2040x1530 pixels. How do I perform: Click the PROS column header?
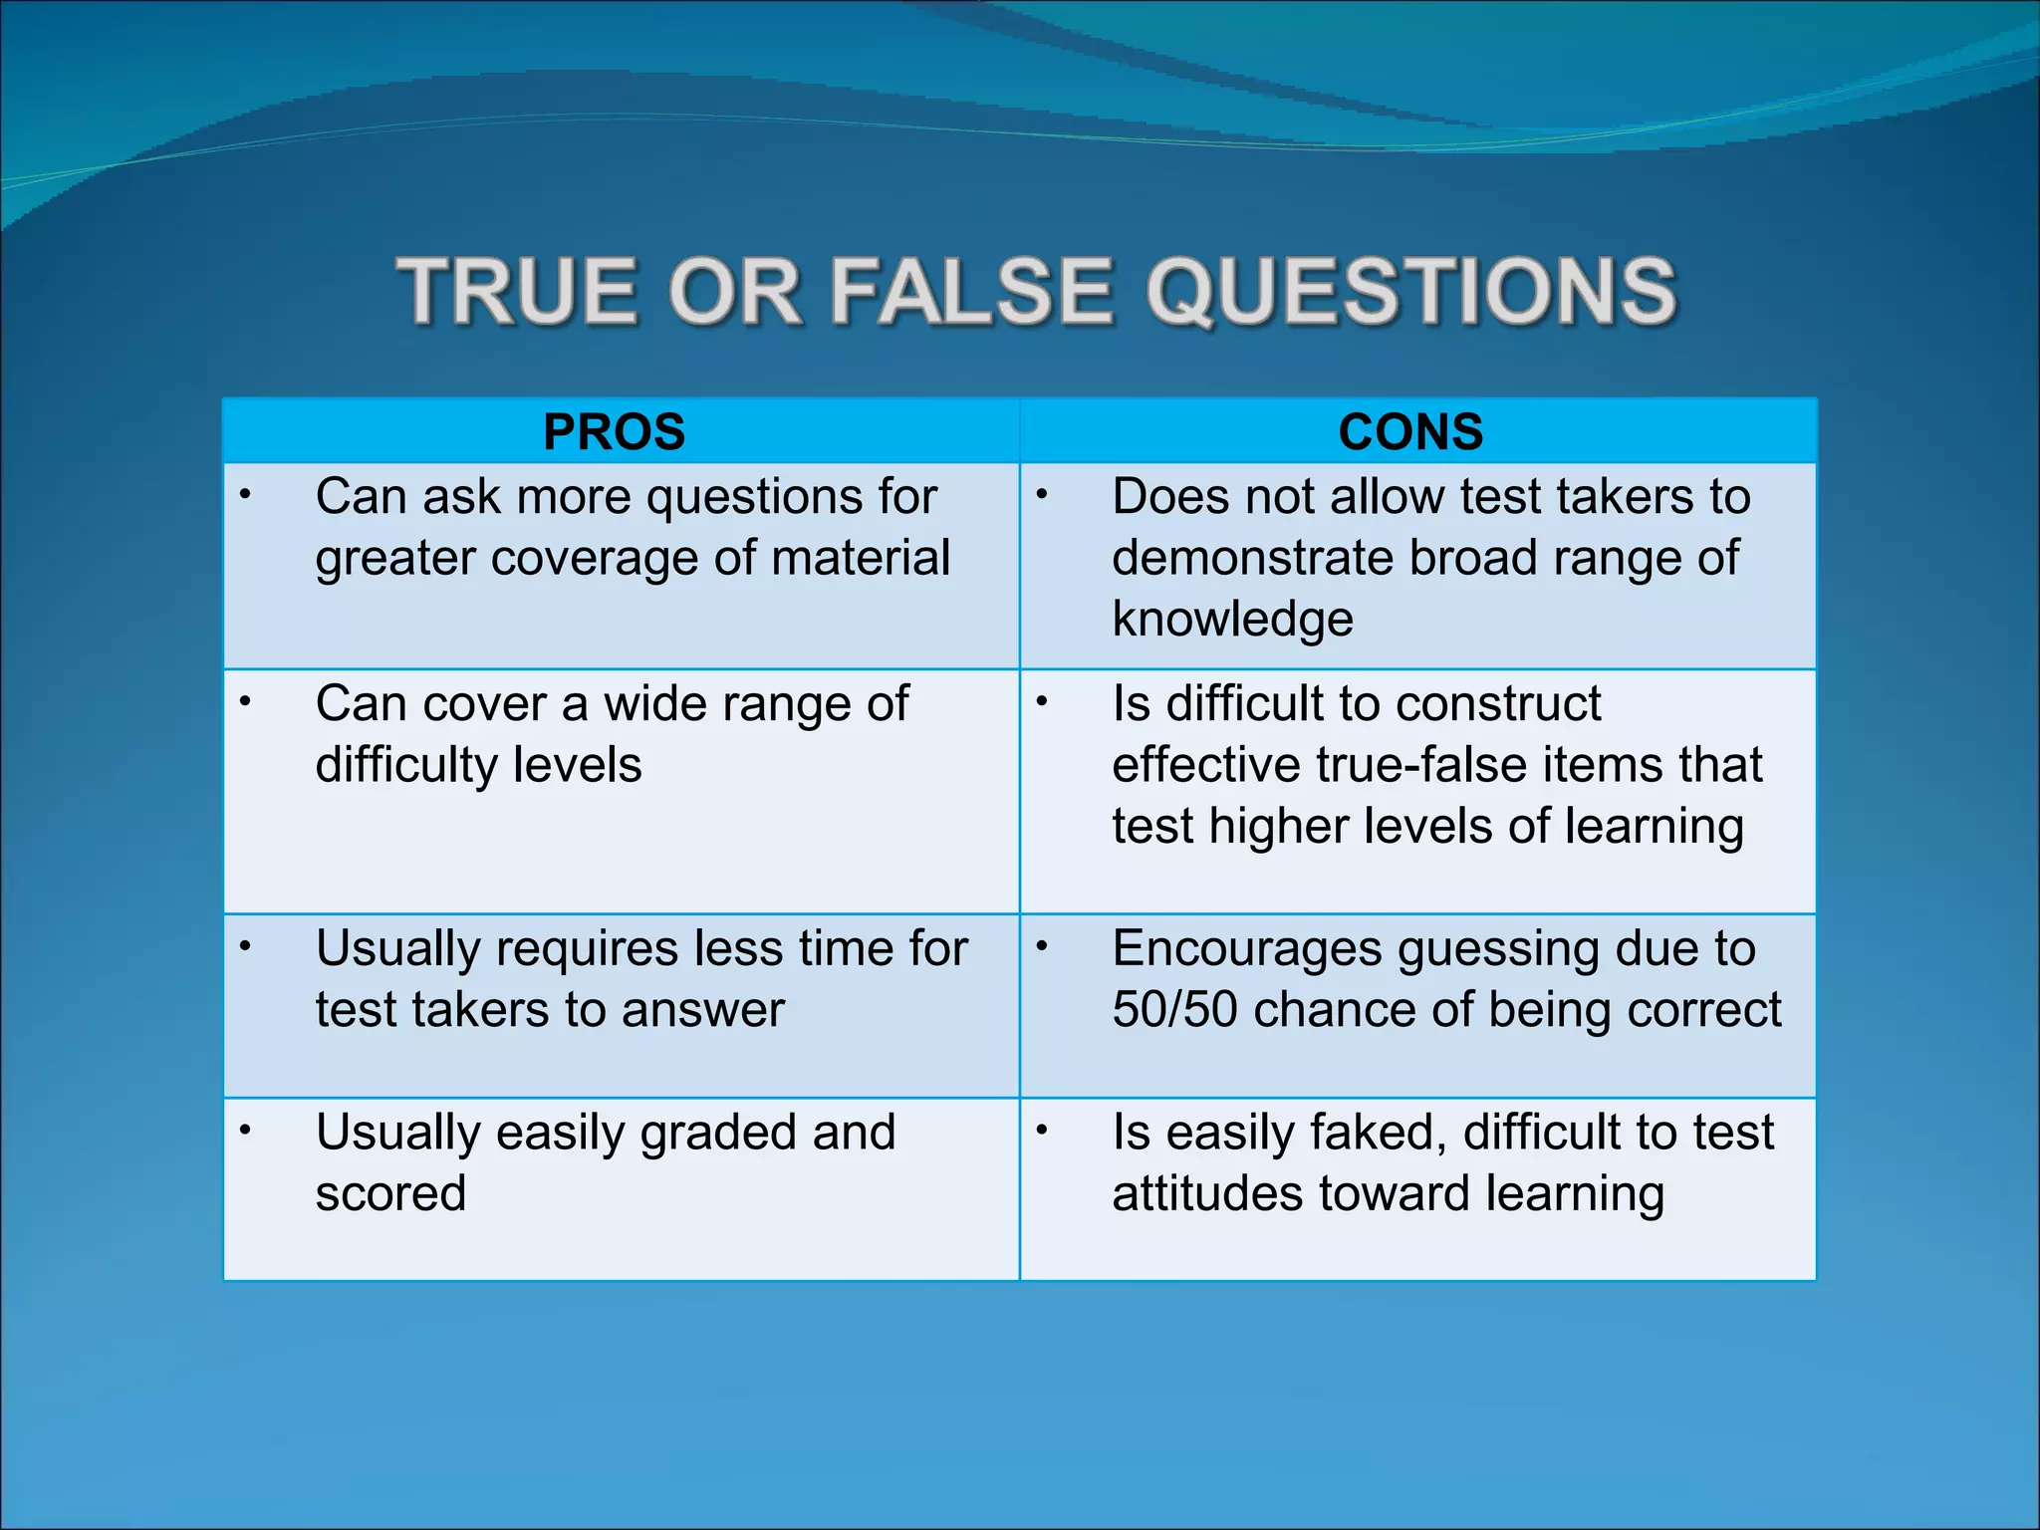click(x=614, y=432)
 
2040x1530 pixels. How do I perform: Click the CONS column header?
click(x=1410, y=432)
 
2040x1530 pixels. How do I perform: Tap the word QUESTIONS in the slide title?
click(x=1411, y=292)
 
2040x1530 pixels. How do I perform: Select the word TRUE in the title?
click(x=516, y=292)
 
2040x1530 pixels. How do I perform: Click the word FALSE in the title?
click(x=969, y=292)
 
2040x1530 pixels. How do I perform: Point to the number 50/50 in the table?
click(x=1174, y=1009)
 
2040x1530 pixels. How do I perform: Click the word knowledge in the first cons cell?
click(x=1232, y=620)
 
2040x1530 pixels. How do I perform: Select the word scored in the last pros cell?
click(x=390, y=1193)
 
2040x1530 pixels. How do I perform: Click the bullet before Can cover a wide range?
click(x=245, y=701)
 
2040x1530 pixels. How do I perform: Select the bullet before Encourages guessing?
click(x=1042, y=946)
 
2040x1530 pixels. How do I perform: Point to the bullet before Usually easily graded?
click(x=245, y=1130)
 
